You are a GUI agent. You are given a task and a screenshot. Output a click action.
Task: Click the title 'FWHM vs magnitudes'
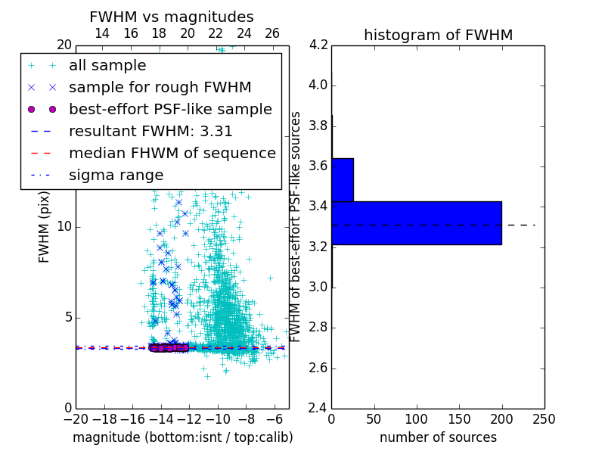172,17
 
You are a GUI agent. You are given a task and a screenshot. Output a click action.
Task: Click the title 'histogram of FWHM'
438,35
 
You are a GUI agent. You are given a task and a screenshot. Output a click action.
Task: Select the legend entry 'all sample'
107,66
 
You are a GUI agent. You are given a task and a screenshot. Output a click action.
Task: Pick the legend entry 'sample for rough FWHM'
160,87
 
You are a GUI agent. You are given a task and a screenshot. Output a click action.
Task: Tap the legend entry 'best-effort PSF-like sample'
170,109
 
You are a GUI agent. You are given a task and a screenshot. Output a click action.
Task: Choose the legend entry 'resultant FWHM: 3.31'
150,131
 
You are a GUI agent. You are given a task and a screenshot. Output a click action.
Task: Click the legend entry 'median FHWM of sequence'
172,153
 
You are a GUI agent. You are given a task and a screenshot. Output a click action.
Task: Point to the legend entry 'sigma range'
116,175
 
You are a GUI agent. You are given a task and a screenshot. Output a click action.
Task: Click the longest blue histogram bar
416,222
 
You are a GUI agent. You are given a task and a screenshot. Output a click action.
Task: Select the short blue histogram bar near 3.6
342,179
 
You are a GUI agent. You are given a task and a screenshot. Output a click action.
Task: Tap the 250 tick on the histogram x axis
544,418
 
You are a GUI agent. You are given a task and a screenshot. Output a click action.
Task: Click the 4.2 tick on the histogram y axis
318,45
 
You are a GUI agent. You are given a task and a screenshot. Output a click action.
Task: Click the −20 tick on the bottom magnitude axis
76,418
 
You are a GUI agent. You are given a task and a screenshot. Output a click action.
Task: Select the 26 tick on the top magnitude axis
272,33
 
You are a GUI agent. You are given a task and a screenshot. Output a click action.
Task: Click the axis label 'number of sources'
438,437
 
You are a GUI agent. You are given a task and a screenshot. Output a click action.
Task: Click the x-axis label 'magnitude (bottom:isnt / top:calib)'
182,437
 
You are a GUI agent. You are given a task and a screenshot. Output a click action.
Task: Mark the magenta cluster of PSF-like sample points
168,347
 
